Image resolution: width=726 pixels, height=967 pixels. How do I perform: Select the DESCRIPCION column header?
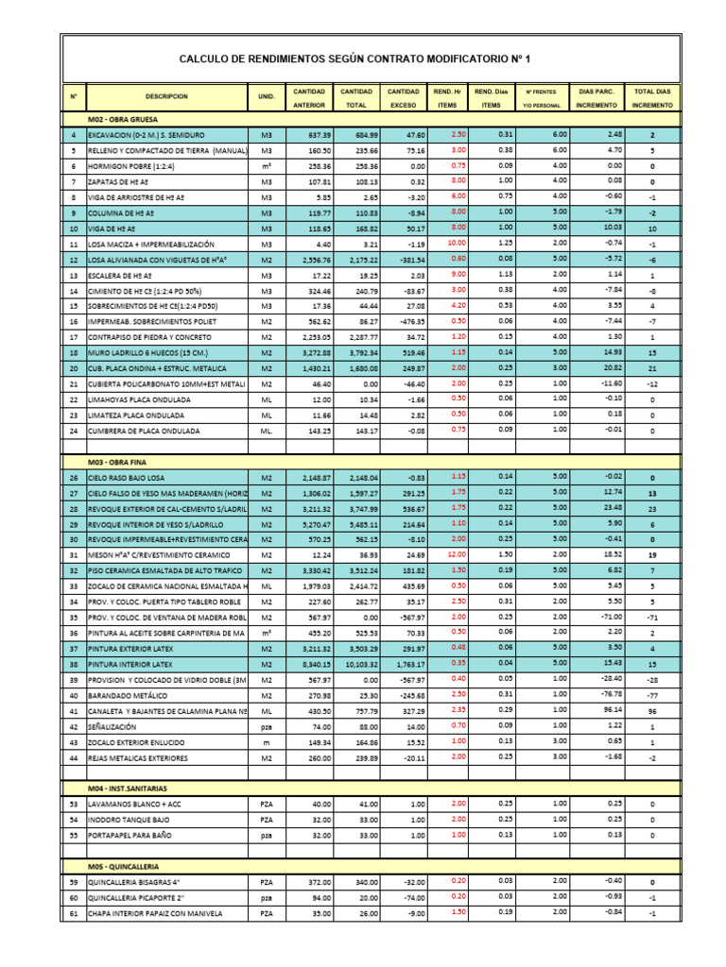tap(166, 96)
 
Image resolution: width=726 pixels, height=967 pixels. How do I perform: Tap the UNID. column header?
tap(267, 96)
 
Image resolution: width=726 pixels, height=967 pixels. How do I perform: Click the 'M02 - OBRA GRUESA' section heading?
tap(123, 120)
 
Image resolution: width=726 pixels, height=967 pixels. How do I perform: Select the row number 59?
tap(73, 881)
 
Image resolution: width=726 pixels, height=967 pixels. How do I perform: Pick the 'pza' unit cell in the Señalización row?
tap(267, 727)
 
